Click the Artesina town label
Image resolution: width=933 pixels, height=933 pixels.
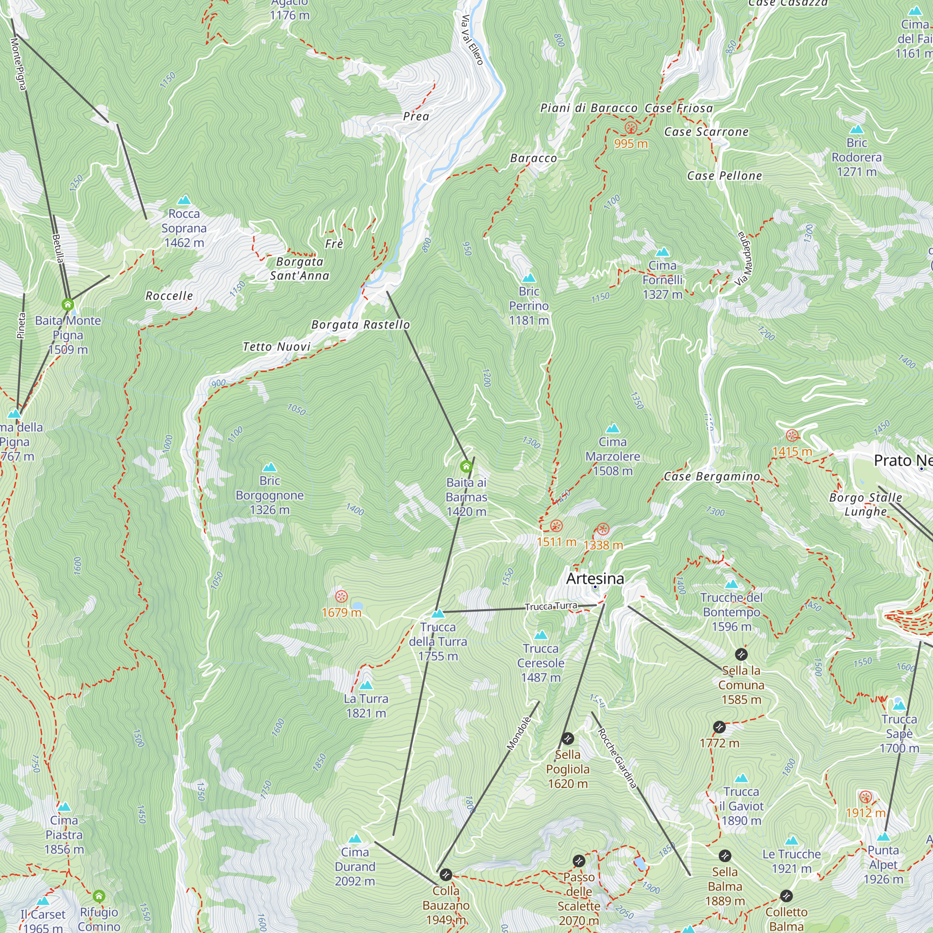pyautogui.click(x=595, y=578)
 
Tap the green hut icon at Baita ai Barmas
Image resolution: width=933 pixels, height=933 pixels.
pyautogui.click(x=466, y=466)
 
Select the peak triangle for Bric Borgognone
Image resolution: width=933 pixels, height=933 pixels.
pyautogui.click(x=270, y=467)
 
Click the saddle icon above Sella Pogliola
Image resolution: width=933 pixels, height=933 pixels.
pyautogui.click(x=568, y=738)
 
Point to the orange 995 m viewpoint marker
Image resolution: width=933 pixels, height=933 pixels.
pyautogui.click(x=631, y=128)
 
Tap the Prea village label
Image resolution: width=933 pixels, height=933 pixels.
pyautogui.click(x=416, y=116)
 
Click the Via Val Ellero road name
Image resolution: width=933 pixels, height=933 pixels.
pyautogui.click(x=472, y=40)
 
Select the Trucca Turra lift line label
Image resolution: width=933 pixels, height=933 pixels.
pyautogui.click(x=551, y=606)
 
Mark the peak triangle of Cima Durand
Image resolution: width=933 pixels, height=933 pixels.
pyautogui.click(x=355, y=838)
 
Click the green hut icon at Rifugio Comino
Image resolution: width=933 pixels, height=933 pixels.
pyautogui.click(x=99, y=896)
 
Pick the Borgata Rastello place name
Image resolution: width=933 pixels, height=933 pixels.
pyautogui.click(x=360, y=325)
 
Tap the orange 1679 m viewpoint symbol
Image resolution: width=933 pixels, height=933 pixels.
pyautogui.click(x=341, y=596)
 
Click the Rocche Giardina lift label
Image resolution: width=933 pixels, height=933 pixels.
pyautogui.click(x=617, y=759)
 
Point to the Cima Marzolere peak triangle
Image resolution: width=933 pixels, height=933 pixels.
pyautogui.click(x=613, y=428)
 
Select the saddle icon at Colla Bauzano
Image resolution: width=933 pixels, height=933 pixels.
pyautogui.click(x=446, y=875)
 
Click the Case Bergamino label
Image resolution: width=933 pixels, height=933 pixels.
pyautogui.click(x=712, y=477)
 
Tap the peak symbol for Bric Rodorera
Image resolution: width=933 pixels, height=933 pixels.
pyautogui.click(x=856, y=129)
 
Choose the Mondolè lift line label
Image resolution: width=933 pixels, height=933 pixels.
pyautogui.click(x=519, y=733)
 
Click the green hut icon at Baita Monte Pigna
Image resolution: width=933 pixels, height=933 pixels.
pyautogui.click(x=68, y=305)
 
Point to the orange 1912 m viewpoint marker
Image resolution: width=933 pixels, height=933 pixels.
pyautogui.click(x=865, y=797)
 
